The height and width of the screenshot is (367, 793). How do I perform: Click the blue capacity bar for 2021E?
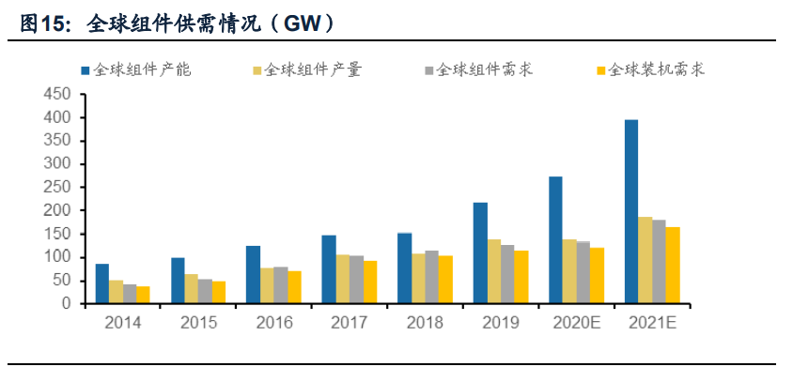[x=631, y=212]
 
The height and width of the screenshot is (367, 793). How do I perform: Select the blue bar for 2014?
[x=102, y=284]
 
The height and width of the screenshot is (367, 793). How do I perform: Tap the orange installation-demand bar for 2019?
[x=521, y=277]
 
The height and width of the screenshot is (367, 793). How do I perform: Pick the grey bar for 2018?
[x=431, y=277]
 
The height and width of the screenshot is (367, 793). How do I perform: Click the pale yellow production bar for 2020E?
[x=569, y=271]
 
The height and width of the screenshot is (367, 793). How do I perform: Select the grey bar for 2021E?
[x=659, y=262]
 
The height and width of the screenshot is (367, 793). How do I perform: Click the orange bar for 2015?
[x=219, y=292]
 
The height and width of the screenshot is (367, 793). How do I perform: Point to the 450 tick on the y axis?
[x=58, y=95]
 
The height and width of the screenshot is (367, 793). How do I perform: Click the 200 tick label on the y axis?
[x=58, y=210]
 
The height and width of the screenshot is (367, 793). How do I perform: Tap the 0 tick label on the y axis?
[x=66, y=304]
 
